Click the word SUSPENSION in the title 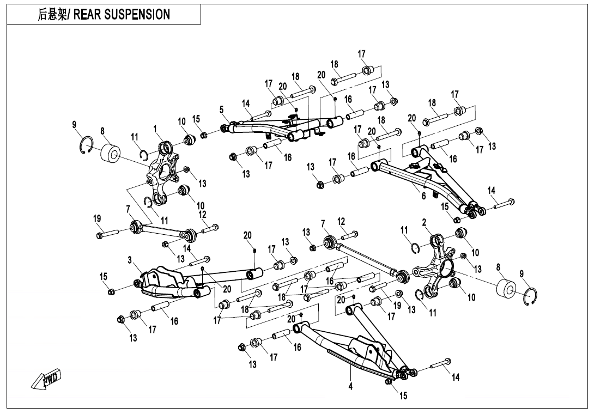136,15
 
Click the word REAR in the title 87,15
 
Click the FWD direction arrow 47,380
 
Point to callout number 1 155,129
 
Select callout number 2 423,222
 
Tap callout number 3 130,261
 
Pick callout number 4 351,387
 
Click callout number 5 222,109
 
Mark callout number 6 423,196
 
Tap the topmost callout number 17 362,53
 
